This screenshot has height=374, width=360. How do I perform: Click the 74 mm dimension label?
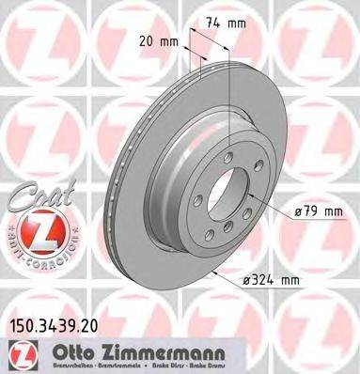pyautogui.click(x=221, y=21)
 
